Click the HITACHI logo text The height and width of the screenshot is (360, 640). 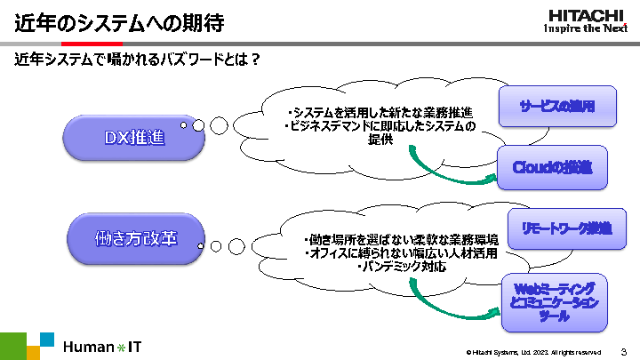coord(586,14)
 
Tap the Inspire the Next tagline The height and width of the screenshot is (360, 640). coord(586,28)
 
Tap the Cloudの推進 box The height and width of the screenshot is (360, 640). coord(552,166)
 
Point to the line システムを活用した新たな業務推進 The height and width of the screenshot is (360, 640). coord(381,112)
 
